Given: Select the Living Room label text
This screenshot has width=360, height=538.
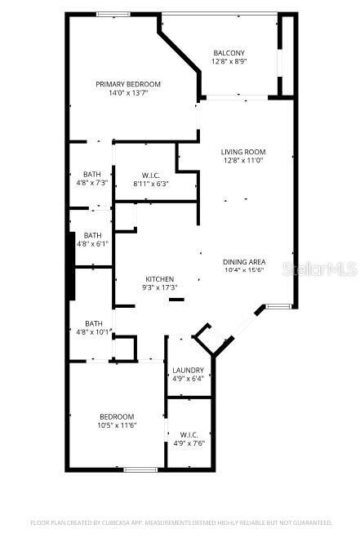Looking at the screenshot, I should click(243, 152).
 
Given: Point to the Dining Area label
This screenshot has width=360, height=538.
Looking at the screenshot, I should click(243, 262).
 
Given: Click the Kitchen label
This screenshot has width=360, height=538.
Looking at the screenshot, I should click(160, 279).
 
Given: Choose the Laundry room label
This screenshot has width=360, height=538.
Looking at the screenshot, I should click(188, 370).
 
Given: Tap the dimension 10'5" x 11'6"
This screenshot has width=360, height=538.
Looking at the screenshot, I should click(117, 425).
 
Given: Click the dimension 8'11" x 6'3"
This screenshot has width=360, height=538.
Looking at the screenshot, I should click(150, 184).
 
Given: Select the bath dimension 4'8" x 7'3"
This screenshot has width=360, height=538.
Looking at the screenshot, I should click(92, 184).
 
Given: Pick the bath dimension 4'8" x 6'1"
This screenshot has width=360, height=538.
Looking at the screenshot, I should click(92, 243).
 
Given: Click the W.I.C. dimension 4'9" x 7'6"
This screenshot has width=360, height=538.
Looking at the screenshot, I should click(188, 443).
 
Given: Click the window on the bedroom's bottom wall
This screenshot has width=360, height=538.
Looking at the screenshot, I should click(140, 469).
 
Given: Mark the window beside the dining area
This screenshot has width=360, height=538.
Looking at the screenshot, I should click(278, 307).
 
